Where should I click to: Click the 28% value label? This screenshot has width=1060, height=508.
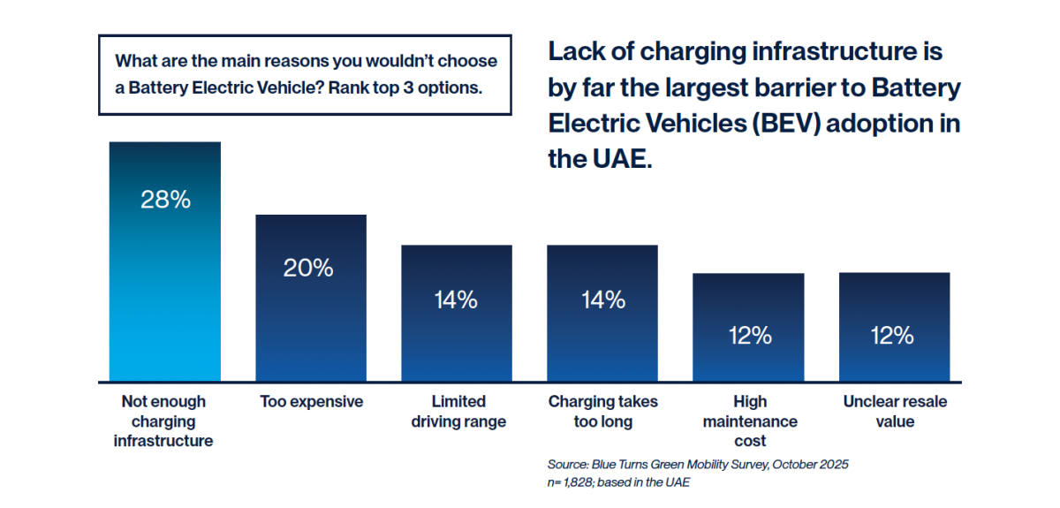pos(165,200)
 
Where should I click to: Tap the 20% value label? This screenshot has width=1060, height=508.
pos(308,269)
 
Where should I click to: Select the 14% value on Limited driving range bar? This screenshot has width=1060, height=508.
pos(456,299)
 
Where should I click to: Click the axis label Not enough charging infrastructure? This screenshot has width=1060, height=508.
pos(163,421)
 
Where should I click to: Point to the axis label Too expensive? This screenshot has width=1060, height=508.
pos(311,402)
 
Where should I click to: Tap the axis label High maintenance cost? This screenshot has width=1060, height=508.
pos(750,421)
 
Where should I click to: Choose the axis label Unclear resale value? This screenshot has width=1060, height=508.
pos(895,411)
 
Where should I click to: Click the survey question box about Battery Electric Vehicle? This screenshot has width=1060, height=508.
pos(305,75)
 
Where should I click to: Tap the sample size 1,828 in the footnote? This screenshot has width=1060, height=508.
pos(582,482)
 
